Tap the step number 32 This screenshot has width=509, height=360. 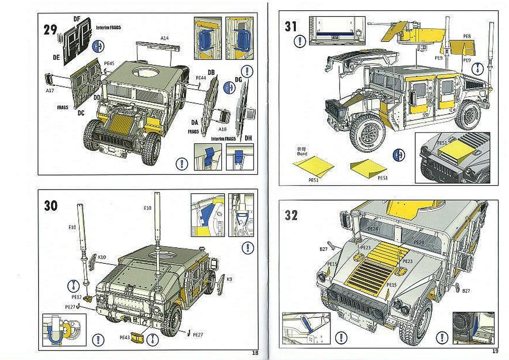click(x=291, y=215)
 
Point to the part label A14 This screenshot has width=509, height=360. click(x=165, y=38)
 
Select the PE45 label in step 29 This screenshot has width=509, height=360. click(x=109, y=64)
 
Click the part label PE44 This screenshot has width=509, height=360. click(x=201, y=78)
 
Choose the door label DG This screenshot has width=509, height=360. click(x=238, y=80)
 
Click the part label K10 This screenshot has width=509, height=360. click(x=102, y=257)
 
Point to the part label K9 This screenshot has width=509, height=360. click(x=229, y=279)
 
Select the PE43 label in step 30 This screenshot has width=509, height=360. click(x=124, y=338)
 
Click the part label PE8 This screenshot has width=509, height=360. click(x=467, y=36)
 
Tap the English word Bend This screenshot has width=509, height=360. click(x=302, y=153)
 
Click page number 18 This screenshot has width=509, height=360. click(x=255, y=352)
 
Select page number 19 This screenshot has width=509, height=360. click(x=495, y=351)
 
